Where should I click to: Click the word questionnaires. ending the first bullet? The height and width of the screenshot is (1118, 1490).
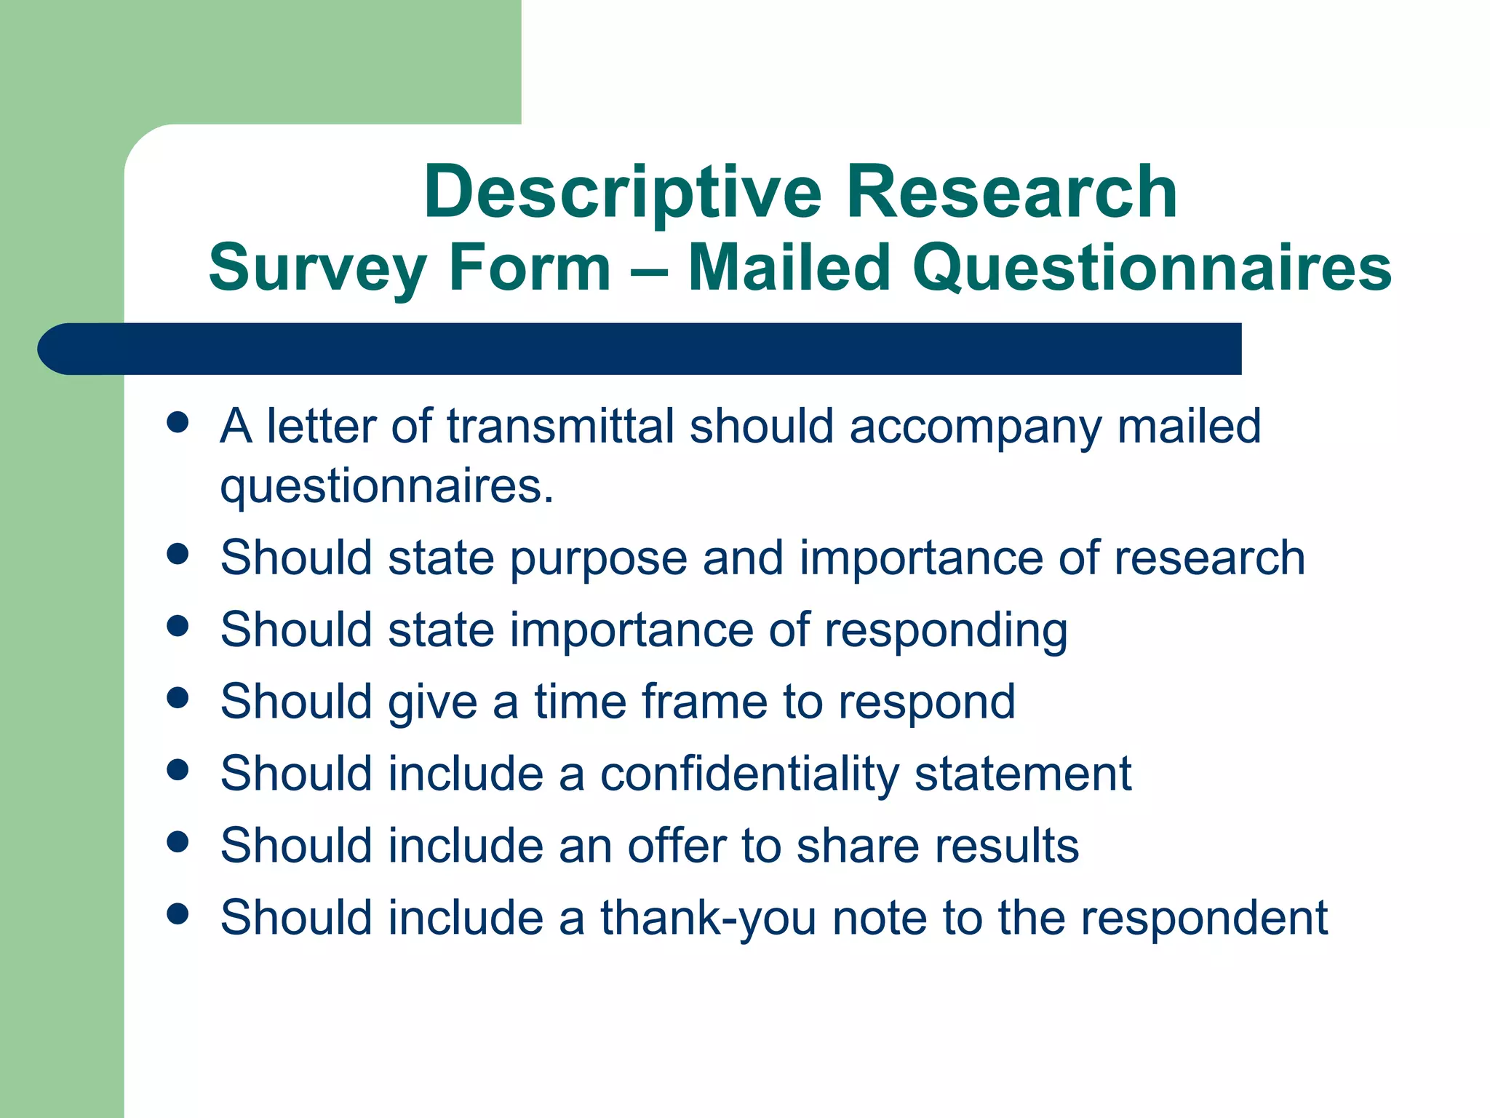[x=387, y=487]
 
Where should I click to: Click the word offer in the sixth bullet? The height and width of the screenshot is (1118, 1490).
[x=677, y=846]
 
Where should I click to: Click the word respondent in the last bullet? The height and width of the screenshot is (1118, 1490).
[x=1204, y=919]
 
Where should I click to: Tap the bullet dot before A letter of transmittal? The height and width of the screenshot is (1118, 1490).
[x=178, y=423]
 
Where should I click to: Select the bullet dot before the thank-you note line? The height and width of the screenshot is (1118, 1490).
[x=178, y=914]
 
